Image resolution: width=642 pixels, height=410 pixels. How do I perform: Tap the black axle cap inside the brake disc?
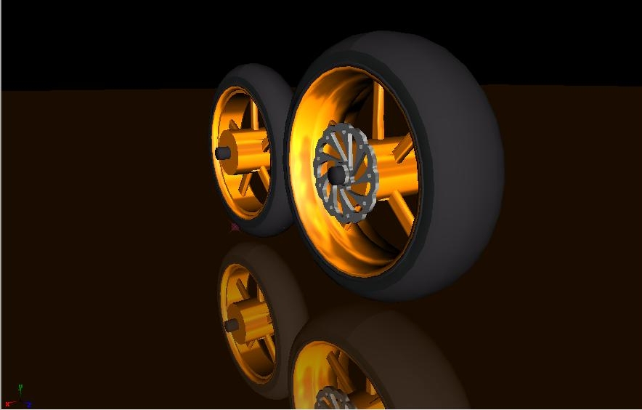[x=336, y=175]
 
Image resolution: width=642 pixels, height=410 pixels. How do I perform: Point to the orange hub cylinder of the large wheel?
[x=396, y=164]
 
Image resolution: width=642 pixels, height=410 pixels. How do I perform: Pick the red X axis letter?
[x=7, y=404]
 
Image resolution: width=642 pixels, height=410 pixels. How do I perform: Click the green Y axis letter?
[x=20, y=387]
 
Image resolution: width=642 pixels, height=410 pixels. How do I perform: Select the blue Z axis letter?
[x=29, y=405]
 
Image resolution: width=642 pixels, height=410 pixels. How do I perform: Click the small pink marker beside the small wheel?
[x=235, y=227]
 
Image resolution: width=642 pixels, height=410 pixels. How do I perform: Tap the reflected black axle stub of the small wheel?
[x=232, y=326]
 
